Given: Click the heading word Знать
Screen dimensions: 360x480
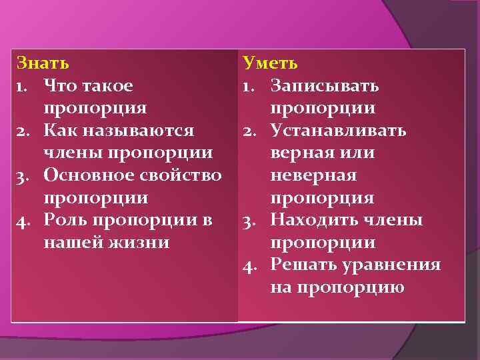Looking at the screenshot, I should coord(42,63).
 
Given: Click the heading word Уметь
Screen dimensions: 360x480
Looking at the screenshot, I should coord(270,63).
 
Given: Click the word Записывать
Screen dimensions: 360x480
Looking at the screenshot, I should coord(325,86).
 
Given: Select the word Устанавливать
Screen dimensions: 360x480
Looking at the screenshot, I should coord(338,131).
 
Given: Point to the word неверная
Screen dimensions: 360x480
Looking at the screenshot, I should coord(313,176).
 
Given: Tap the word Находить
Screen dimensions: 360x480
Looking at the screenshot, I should coord(311,221).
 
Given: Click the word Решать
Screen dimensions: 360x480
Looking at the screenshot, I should coord(299,265).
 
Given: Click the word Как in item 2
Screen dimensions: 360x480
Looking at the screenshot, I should coord(59,131).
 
